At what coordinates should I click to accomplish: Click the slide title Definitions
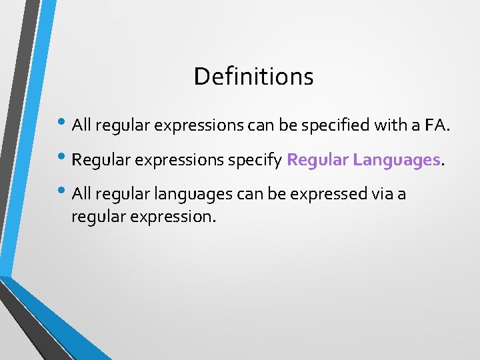tap(253, 77)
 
